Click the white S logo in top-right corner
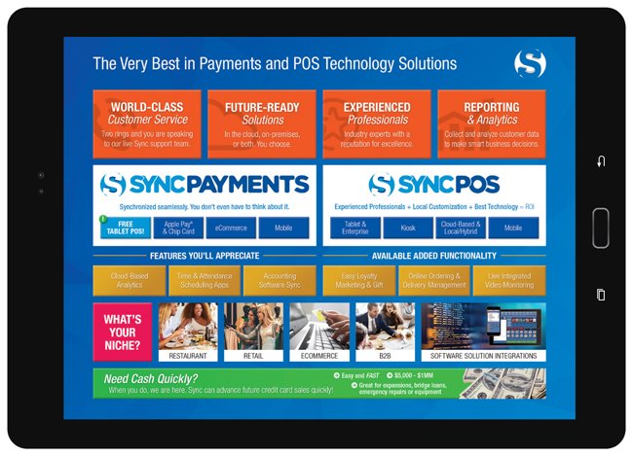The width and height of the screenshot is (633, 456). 530,64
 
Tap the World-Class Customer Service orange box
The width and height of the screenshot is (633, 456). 147,123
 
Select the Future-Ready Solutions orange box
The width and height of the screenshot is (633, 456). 261,123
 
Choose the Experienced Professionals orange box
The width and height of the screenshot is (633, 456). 377,123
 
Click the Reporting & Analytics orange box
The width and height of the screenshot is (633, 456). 491,123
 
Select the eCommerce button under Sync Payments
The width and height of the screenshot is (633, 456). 231,228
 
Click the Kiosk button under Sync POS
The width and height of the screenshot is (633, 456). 407,228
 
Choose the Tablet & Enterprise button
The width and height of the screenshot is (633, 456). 354,228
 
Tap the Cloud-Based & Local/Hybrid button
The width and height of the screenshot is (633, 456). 460,228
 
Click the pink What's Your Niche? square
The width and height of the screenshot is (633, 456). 122,332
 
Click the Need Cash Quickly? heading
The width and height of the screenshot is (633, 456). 154,377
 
